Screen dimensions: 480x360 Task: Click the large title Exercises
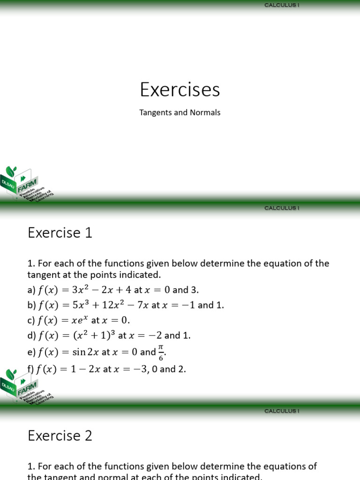tap(180, 90)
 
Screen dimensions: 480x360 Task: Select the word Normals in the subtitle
tap(205, 113)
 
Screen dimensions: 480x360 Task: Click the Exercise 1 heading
tap(60, 233)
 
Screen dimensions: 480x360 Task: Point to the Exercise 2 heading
tap(60, 436)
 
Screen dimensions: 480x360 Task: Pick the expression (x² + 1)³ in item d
tap(92, 336)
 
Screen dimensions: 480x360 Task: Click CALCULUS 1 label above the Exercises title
tap(282, 5)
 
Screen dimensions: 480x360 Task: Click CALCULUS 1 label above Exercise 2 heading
tap(282, 411)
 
